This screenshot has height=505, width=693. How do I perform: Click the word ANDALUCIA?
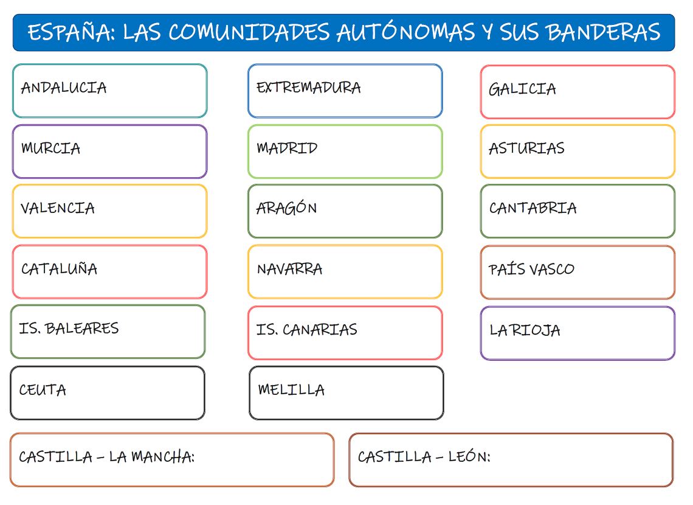(64, 88)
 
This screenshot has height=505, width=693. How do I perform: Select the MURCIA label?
(50, 148)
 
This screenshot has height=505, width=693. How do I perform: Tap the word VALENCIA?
(58, 208)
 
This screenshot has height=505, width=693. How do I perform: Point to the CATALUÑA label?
(59, 269)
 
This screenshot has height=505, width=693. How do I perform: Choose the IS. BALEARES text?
(69, 329)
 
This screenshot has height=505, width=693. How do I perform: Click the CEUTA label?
(43, 390)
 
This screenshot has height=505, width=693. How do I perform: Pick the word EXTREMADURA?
(308, 88)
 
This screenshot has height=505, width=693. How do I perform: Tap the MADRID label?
(287, 148)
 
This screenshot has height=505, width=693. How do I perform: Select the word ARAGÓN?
(286, 208)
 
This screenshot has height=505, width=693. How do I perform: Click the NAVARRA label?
(289, 269)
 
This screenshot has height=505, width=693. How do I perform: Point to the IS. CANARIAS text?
(306, 330)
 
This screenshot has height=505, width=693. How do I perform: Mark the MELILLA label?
(291, 390)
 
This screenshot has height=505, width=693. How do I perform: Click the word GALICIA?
(522, 89)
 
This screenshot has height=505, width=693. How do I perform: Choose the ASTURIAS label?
(526, 148)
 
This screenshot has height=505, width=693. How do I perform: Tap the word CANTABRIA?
(533, 208)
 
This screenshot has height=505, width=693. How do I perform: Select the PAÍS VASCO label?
(531, 269)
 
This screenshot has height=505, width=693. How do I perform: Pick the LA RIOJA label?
(525, 330)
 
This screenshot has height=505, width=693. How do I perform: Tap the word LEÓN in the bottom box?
(469, 457)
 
